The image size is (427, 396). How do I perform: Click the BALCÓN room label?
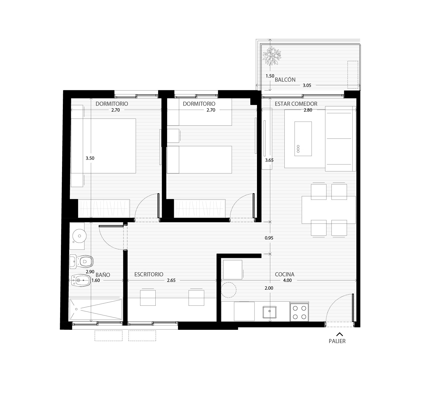285,80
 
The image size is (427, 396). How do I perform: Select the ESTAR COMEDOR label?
296,104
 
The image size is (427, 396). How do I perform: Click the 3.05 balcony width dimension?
307,86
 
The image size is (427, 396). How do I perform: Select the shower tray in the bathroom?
95,310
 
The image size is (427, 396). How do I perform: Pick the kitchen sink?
269,312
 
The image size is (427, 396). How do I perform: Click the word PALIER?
337,341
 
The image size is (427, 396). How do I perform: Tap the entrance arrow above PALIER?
339,334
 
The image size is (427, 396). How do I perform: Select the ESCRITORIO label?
149,274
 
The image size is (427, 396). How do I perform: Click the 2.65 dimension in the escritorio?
171,280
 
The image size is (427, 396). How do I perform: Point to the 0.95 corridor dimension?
269,238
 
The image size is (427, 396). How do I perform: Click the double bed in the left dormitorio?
103,146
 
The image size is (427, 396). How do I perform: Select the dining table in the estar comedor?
329,210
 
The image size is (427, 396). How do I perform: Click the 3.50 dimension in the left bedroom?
90,158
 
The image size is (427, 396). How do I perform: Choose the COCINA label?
285,274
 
